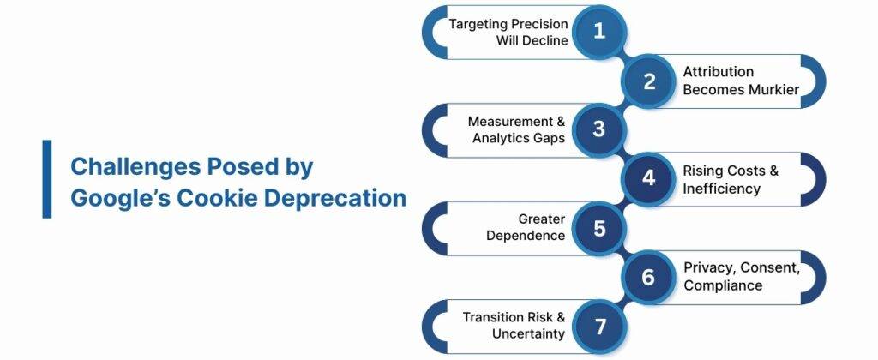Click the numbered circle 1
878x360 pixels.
pyautogui.click(x=599, y=32)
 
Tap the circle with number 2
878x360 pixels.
pyautogui.click(x=649, y=81)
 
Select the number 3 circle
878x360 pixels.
pyautogui.click(x=599, y=130)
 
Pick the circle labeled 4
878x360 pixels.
pyautogui.click(x=649, y=178)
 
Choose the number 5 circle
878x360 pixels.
pyautogui.click(x=599, y=228)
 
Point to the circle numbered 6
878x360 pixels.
pyautogui.click(x=649, y=277)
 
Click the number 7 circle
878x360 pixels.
pyautogui.click(x=599, y=326)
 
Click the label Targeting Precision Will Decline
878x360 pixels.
pyautogui.click(x=507, y=33)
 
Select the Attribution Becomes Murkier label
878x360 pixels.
pyautogui.click(x=741, y=81)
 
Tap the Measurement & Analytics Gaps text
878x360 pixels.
pyautogui.click(x=517, y=130)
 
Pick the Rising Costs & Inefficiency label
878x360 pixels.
pyautogui.click(x=730, y=179)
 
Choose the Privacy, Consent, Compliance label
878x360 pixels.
pyautogui.click(x=741, y=277)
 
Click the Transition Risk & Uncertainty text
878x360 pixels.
pyautogui.click(x=514, y=326)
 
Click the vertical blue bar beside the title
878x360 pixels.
pyautogui.click(x=47, y=179)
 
